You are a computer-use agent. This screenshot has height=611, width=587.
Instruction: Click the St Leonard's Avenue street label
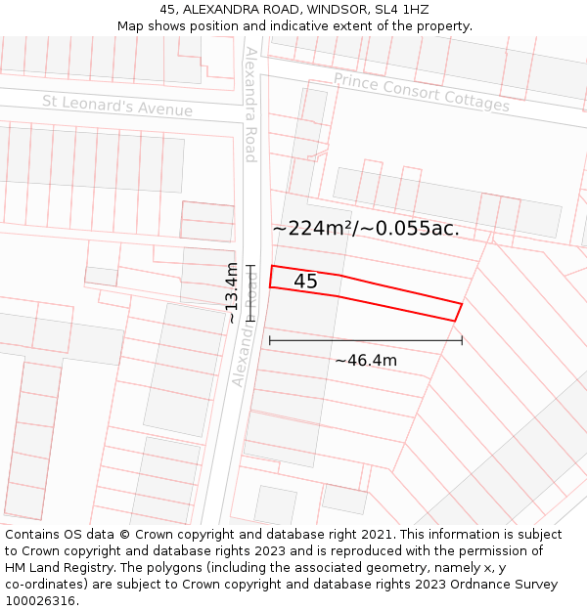117,106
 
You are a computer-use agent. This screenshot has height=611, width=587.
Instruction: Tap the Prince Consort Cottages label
421,91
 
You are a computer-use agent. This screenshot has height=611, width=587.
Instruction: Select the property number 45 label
305,282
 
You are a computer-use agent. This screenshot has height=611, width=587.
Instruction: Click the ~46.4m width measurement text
366,361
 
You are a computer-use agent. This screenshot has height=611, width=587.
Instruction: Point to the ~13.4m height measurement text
231,292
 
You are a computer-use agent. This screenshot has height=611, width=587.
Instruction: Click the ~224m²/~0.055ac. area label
366,229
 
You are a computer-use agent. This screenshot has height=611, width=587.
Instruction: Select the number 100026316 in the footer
40,600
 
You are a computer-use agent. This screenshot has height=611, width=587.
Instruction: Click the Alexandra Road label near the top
251,104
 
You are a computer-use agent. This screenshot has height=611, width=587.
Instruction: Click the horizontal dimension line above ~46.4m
365,340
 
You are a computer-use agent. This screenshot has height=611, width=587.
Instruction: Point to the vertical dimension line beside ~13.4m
250,292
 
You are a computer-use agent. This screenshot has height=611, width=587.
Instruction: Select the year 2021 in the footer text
372,535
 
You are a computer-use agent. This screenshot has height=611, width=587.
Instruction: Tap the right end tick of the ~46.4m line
461,340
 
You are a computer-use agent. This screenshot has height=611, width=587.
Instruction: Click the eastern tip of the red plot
460,304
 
